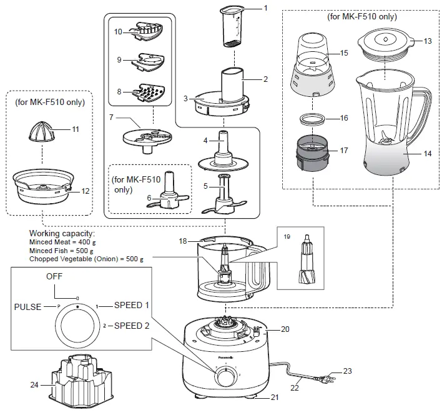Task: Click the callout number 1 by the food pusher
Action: (x=265, y=8)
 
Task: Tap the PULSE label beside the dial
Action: (x=28, y=306)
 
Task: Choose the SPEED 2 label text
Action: (x=130, y=326)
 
